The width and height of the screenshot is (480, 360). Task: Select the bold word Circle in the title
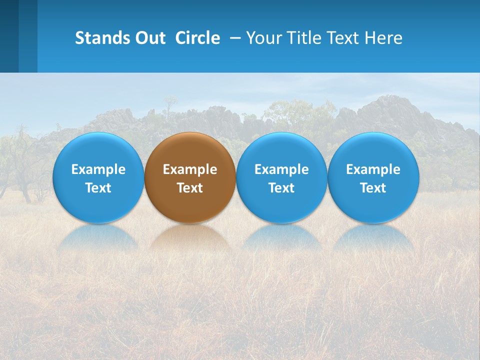[x=197, y=38]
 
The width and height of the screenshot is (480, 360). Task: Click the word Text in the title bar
[x=344, y=38]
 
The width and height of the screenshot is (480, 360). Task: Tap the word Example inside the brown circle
[x=190, y=169]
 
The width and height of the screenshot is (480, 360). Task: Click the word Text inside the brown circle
[x=190, y=188]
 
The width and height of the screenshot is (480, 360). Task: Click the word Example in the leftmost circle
[x=98, y=169]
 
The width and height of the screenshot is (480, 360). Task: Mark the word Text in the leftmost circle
[x=98, y=188]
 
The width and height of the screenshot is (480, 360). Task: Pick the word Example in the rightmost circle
[x=373, y=169]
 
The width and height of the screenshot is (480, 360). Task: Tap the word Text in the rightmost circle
[x=373, y=188]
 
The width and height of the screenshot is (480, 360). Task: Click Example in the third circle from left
[x=281, y=169]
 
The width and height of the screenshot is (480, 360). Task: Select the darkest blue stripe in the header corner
[x=9, y=36]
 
